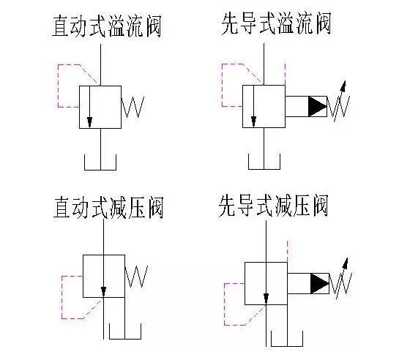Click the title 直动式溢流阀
[106, 27]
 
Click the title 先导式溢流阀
[276, 25]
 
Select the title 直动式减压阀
[107, 208]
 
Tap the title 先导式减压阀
[272, 206]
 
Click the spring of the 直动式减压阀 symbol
[137, 277]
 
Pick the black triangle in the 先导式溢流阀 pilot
[318, 107]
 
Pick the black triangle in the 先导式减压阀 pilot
[320, 283]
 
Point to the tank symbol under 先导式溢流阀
[264, 163]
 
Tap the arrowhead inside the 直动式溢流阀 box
[90, 122]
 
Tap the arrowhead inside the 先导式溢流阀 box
[253, 121]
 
